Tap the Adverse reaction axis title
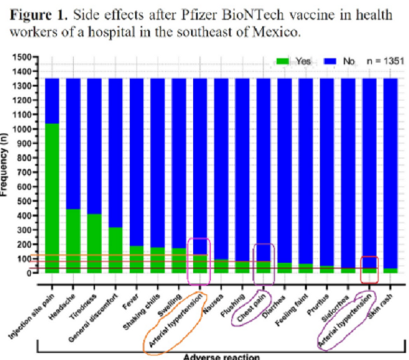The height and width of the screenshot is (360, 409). pos(222,356)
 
